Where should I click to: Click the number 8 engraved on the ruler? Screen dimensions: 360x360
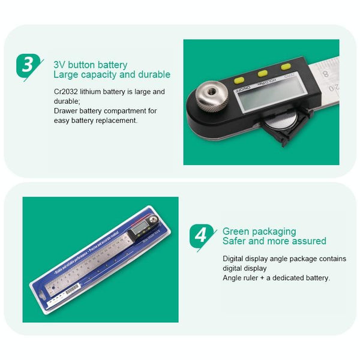click(325, 74)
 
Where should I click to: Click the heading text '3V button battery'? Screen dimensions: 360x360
click(91, 65)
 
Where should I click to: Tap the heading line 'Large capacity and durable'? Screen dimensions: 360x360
click(112, 75)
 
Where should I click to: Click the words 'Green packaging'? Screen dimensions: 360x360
click(259, 231)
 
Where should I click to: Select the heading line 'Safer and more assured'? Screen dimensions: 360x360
click(274, 241)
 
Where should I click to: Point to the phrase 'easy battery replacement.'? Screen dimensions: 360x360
click(95, 120)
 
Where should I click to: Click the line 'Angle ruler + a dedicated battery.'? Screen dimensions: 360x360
click(276, 278)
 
